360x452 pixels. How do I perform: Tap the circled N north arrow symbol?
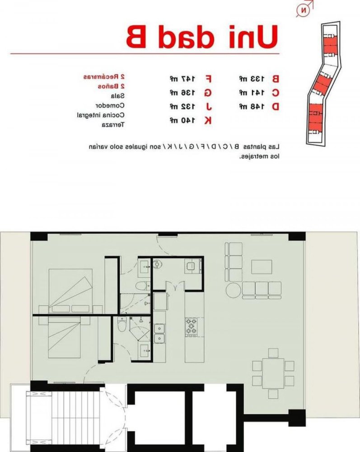coord(304,10)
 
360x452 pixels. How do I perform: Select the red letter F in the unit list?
coord(208,79)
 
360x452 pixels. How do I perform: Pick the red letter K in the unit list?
coord(208,120)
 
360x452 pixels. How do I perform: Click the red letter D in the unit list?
coord(275,107)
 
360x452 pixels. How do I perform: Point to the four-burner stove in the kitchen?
coord(191,326)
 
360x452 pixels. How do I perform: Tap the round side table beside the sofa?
coord(234,290)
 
